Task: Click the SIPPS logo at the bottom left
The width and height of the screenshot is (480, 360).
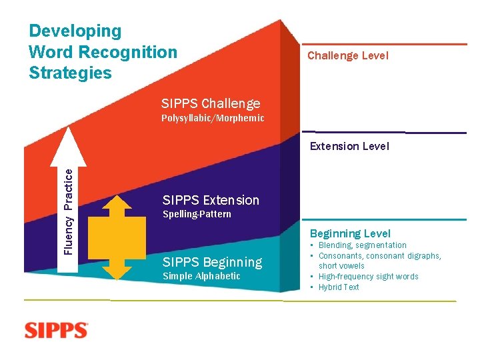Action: coord(56,331)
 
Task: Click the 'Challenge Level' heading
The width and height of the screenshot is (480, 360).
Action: coord(347,56)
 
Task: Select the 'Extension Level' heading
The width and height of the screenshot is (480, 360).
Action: coord(349,146)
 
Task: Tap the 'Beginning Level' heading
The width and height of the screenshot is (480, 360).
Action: coord(350,233)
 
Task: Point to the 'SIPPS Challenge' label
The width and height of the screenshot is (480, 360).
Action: coord(211,103)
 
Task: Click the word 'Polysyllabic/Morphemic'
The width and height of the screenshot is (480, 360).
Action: coord(213,118)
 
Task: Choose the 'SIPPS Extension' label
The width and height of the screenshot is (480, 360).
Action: coord(211,200)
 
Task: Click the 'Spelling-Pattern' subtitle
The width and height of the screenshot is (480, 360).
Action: coord(197,214)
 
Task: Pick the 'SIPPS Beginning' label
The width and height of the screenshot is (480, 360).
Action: coord(212,262)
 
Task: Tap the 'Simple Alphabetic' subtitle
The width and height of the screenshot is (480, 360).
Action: coord(201,276)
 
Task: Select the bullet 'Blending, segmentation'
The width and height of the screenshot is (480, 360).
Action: coord(362,245)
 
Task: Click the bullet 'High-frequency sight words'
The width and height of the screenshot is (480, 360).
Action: coord(368,277)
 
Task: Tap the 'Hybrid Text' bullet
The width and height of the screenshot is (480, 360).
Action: coord(339,287)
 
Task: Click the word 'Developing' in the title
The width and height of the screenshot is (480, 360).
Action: coord(75,31)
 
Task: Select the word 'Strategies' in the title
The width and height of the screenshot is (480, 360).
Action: coord(70,73)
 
